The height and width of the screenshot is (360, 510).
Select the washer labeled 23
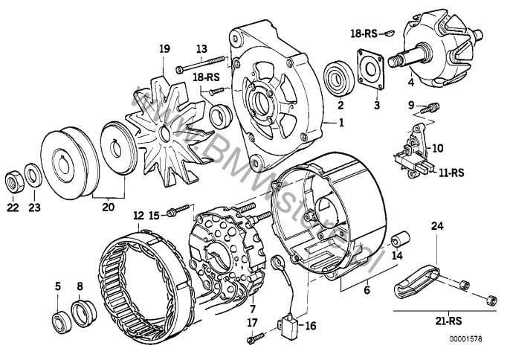click(33, 178)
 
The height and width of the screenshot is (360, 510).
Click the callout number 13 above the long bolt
click(201, 49)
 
